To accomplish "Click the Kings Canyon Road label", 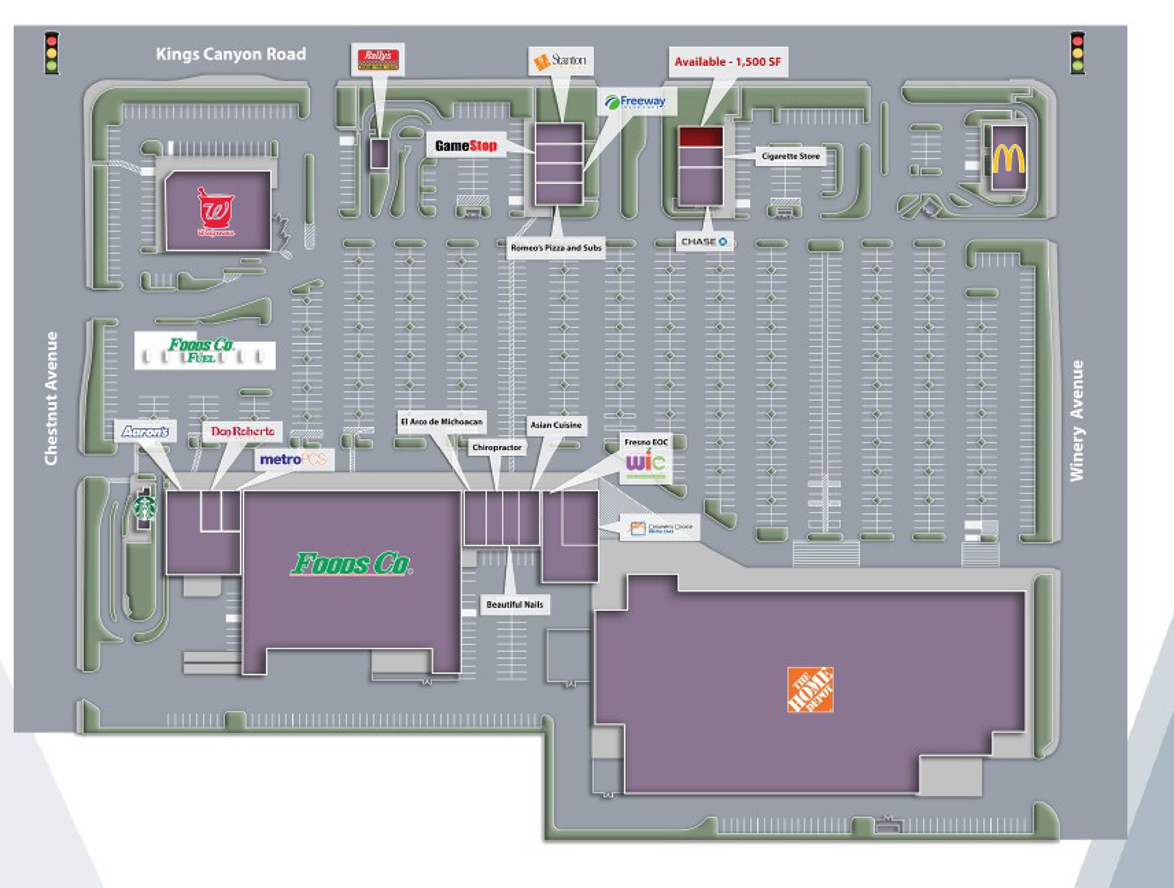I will click(x=230, y=54).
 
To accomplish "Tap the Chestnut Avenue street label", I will click(x=51, y=398).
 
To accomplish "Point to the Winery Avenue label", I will click(x=1076, y=420).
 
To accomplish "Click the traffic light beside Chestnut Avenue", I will click(x=51, y=53).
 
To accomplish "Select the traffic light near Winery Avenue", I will click(x=1077, y=53).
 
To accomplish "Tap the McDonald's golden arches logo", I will click(x=1009, y=158).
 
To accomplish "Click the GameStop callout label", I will click(x=466, y=145).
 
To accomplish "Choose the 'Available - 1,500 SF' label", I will click(x=728, y=62).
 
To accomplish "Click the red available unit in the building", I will click(x=701, y=136).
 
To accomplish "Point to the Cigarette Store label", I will click(x=790, y=156).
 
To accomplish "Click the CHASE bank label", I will click(x=704, y=242).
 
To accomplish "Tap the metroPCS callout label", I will click(x=293, y=460).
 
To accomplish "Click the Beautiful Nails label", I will click(x=514, y=604).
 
